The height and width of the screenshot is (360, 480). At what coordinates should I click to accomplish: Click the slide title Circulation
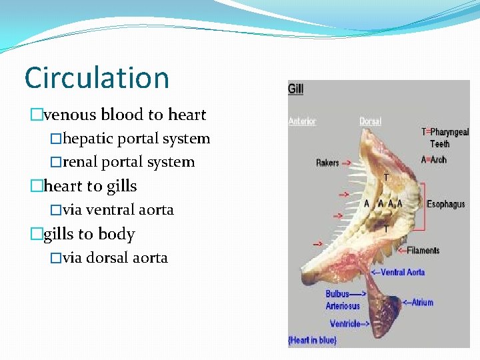pos(97,78)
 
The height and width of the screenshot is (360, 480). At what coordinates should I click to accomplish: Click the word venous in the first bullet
pos(69,115)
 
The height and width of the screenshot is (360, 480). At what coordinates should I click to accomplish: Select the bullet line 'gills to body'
pos(89,234)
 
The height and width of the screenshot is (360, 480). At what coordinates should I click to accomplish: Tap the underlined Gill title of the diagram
pos(295,89)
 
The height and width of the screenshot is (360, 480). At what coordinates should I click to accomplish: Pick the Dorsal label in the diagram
pos(370,121)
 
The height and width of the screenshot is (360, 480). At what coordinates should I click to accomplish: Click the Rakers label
pos(327,163)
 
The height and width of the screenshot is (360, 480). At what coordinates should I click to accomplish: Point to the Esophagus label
pos(445,204)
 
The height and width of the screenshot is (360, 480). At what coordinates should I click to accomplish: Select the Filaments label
pos(423,251)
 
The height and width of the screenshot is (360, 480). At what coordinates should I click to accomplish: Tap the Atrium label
pos(421,302)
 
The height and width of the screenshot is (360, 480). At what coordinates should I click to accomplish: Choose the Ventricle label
pos(345,324)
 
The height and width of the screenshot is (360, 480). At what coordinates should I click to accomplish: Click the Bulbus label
pos(337,293)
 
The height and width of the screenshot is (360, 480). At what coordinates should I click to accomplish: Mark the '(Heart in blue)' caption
pos(312,341)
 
